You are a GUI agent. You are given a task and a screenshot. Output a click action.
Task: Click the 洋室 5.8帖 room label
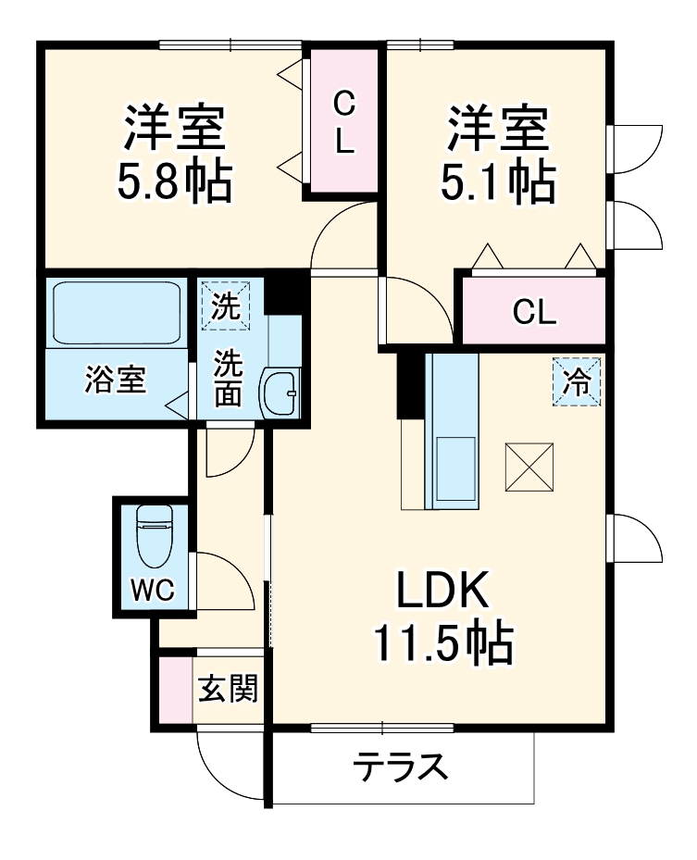tap(173, 155)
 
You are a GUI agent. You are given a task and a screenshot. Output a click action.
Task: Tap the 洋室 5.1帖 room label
tap(497, 155)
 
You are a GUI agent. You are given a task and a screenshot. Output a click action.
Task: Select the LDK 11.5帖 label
tap(442, 616)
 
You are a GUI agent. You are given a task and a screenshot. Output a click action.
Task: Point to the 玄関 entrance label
tap(227, 690)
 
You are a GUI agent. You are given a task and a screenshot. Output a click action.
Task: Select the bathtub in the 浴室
tap(116, 312)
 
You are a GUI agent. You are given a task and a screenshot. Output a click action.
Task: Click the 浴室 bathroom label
tap(116, 380)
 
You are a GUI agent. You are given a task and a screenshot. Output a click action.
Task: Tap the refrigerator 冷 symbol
tap(577, 380)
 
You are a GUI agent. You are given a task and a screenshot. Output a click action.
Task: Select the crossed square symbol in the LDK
tap(529, 467)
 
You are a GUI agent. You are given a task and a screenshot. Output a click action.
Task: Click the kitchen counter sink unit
tap(452, 430)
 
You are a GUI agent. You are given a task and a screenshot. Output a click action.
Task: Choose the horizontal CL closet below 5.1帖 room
tap(534, 312)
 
